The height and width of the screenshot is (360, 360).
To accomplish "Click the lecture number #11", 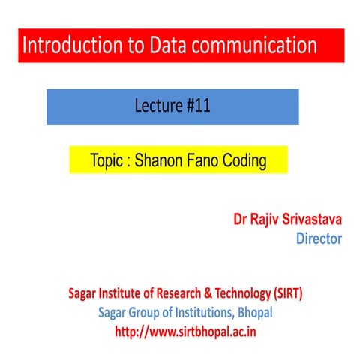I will click(196, 106).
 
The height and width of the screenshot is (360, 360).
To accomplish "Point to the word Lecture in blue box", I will click(157, 106).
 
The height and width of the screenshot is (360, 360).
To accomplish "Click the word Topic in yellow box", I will click(106, 160).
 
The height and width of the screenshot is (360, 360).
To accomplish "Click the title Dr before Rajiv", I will click(240, 220).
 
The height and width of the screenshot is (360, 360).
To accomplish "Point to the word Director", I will click(319, 238).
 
